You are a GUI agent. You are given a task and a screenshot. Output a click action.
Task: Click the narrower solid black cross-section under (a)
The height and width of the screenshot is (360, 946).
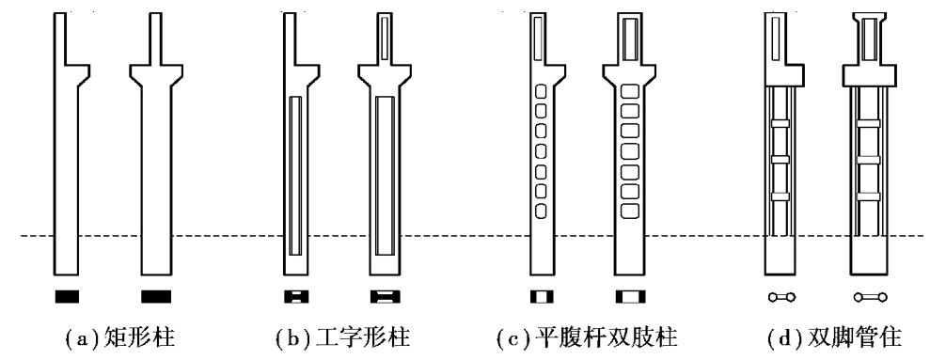click(x=67, y=297)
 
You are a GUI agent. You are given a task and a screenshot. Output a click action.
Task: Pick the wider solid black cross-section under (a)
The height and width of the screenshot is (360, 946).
click(x=156, y=297)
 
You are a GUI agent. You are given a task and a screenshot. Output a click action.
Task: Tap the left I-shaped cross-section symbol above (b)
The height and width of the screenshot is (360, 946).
click(x=296, y=297)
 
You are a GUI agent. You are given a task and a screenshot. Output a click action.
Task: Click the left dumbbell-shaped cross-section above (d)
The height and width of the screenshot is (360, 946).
click(x=781, y=297)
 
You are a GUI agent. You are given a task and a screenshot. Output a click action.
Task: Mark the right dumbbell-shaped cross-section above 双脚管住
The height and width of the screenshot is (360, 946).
click(x=871, y=297)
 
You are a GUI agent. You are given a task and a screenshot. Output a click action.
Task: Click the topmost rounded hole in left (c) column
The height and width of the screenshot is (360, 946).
click(x=541, y=91)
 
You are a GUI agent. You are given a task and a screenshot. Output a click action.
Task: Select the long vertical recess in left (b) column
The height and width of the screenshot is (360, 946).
click(x=295, y=176)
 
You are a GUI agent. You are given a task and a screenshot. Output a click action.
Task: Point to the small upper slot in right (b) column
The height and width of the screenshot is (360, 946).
click(x=385, y=39)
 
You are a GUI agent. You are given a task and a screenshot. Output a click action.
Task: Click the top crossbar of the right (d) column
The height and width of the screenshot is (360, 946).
click(x=868, y=124)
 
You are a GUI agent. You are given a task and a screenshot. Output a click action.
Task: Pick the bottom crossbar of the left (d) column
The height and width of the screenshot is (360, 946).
click(x=780, y=196)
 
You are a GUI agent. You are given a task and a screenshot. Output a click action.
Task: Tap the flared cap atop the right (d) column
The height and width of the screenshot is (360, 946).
click(x=869, y=16)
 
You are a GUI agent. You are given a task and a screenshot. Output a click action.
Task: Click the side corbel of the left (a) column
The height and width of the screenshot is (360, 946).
click(x=78, y=73)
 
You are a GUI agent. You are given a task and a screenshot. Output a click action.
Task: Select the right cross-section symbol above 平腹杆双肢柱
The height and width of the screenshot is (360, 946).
click(x=630, y=297)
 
